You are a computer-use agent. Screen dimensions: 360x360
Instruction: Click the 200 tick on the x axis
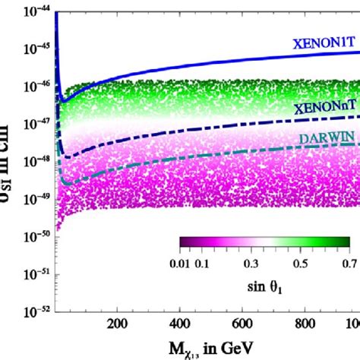tap(116, 323)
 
